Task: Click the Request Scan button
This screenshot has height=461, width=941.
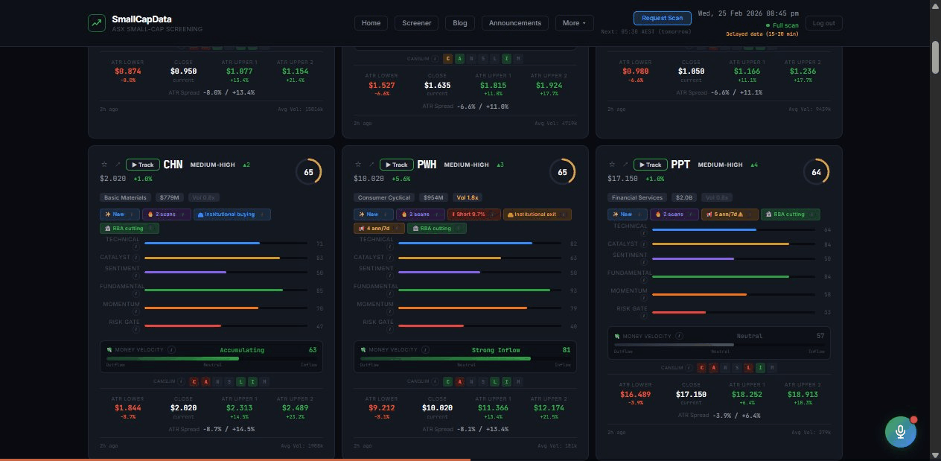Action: [x=662, y=18]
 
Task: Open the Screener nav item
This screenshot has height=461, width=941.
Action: [x=416, y=23]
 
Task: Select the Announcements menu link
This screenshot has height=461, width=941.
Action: [x=514, y=23]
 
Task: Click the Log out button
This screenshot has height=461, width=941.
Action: [x=823, y=23]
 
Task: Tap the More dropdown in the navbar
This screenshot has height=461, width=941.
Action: [x=574, y=23]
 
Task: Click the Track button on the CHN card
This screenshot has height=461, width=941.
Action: [x=142, y=165]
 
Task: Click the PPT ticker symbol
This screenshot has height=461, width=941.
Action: [x=680, y=165]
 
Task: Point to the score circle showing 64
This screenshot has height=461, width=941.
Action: [x=816, y=172]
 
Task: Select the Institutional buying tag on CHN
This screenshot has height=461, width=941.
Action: [x=232, y=214]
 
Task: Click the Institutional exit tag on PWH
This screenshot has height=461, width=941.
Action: [x=537, y=214]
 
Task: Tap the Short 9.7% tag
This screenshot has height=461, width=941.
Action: [x=474, y=214]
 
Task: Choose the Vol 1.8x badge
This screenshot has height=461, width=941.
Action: [x=468, y=197]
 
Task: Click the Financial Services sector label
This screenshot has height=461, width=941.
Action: [x=638, y=197]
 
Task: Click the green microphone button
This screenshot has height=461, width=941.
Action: [x=900, y=432]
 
